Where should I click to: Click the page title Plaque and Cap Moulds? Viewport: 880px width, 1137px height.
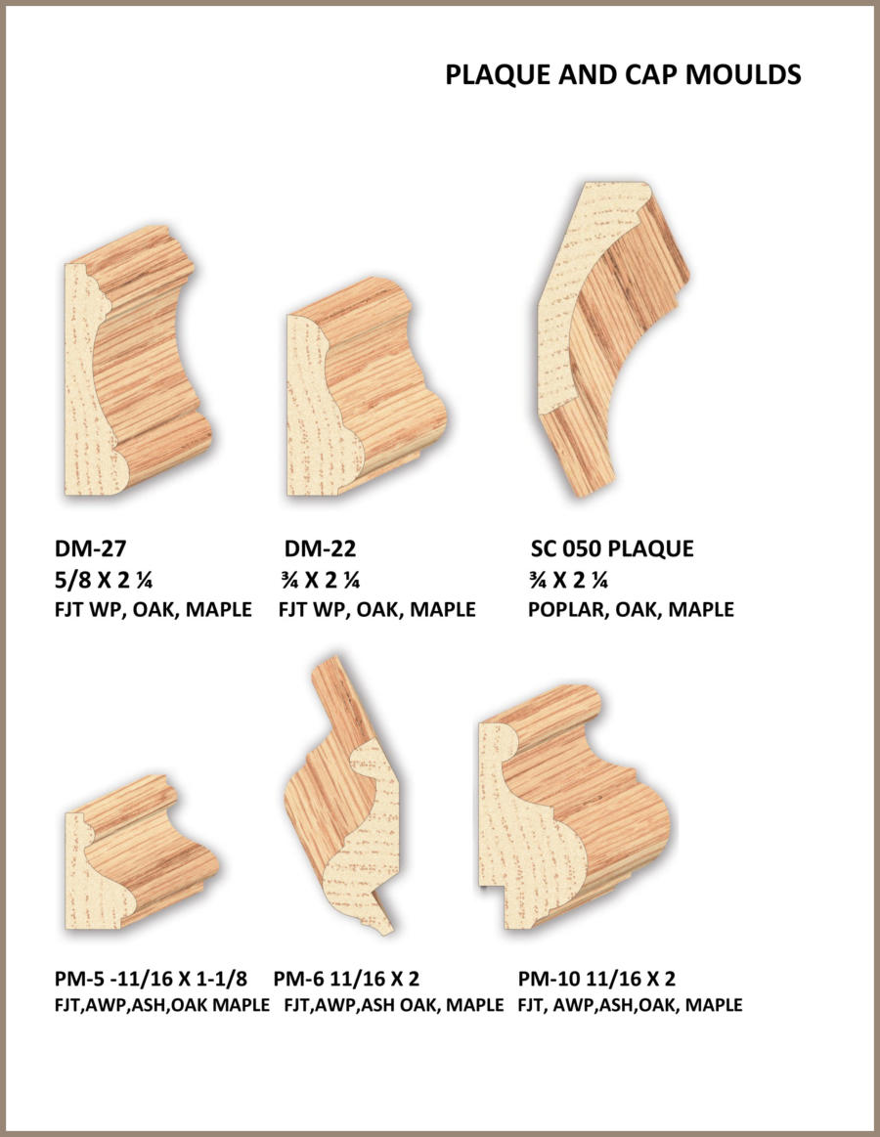pyautogui.click(x=623, y=74)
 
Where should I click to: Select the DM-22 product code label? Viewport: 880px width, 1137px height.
pyautogui.click(x=320, y=548)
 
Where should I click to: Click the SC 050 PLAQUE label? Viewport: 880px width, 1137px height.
pyautogui.click(x=612, y=548)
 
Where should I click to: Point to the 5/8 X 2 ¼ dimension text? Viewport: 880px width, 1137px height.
pyautogui.click(x=103, y=580)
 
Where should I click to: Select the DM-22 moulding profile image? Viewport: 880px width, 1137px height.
pyautogui.click(x=366, y=387)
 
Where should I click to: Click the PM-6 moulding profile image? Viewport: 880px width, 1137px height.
pyautogui.click(x=342, y=796)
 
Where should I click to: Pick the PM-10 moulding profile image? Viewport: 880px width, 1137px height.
pyautogui.click(x=574, y=808)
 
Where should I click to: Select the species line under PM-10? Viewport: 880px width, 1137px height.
pyautogui.click(x=631, y=1005)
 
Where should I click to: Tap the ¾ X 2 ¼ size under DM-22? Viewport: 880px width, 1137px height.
pyautogui.click(x=321, y=580)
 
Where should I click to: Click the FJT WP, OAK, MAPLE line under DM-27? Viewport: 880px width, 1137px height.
pyautogui.click(x=154, y=609)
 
